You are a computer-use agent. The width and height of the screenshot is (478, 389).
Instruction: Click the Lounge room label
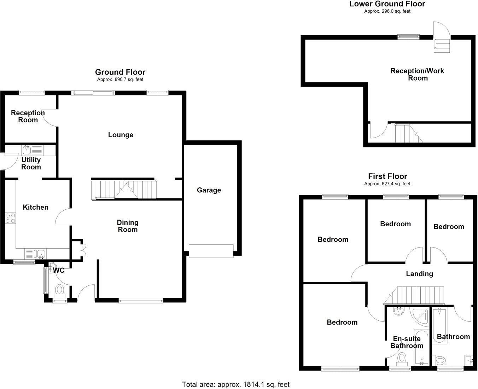click(x=121, y=135)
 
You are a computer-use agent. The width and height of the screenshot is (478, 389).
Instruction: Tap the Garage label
click(x=209, y=190)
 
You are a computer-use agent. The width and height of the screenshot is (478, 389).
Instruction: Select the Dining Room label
click(x=128, y=226)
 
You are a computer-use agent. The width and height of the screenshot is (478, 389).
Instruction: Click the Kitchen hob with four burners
click(x=10, y=218)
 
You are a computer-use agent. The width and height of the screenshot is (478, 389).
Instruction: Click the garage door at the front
click(x=211, y=251)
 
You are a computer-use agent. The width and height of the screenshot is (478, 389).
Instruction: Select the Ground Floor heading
click(x=120, y=72)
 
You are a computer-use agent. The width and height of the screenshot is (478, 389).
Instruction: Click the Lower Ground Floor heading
click(x=387, y=4)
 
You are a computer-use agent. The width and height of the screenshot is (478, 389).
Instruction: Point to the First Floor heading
click(x=387, y=176)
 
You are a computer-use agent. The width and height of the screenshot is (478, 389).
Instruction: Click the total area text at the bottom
click(x=235, y=384)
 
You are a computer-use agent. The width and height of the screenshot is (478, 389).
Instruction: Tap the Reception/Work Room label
click(x=418, y=74)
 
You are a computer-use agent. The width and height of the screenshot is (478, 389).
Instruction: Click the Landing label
click(x=419, y=274)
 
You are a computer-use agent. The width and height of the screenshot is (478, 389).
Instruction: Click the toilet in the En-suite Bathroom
click(x=402, y=358)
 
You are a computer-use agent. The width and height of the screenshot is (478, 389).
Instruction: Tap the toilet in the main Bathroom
click(x=441, y=361)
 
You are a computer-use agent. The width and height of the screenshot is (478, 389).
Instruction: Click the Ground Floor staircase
click(x=124, y=190)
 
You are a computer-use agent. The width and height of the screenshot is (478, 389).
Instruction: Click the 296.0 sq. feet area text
click(x=387, y=11)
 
